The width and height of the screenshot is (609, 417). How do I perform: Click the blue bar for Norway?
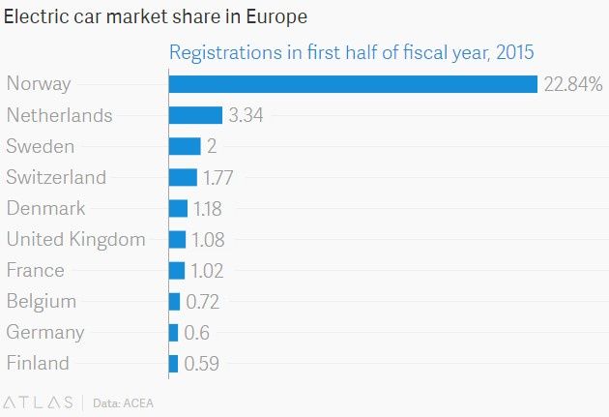pos(353,84)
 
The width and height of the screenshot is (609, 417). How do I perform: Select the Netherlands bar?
pos(195,115)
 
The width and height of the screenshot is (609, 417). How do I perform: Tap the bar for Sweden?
pos(185,146)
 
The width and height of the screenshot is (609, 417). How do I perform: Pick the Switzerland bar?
pos(183,177)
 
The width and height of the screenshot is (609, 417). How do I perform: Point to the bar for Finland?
pos(174,364)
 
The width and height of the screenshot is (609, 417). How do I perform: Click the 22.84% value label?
pos(573,84)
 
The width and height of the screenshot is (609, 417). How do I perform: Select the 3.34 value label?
pos(246,115)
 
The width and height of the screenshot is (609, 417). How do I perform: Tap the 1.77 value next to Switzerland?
pos(217,178)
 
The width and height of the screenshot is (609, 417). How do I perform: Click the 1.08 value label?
pos(208,239)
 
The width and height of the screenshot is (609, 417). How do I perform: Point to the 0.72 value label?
pos(203,302)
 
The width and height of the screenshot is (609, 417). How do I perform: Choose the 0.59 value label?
pos(202,364)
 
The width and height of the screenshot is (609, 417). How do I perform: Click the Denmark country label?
pos(45,208)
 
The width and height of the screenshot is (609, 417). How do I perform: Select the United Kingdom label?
pos(76,239)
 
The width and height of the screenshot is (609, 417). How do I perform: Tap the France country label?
pos(36,270)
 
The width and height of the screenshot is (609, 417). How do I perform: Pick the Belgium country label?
pos(42,302)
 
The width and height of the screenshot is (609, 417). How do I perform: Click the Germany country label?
pos(45,333)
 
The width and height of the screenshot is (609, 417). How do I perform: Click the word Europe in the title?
pos(276,17)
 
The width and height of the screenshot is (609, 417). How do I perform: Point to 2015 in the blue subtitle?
pos(515,52)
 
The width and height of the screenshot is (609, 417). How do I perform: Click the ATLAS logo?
pos(38,402)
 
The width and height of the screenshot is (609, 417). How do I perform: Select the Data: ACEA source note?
pos(123,403)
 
